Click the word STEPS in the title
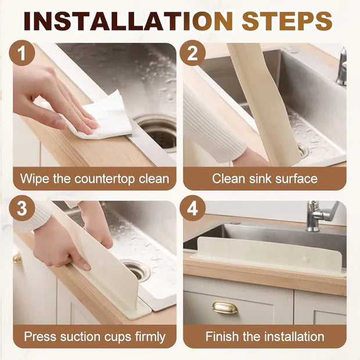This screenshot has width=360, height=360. pos(287,21)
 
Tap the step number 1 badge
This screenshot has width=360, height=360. pos(23,54)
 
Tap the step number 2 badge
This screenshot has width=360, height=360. pos(192,54)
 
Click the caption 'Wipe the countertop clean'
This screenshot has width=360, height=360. pos(95,178)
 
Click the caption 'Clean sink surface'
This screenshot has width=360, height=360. pos(265,178)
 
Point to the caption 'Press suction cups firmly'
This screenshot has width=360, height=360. pos(95,336)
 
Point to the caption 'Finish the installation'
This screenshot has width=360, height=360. pos(265,336)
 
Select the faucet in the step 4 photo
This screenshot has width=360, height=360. pos(320,215)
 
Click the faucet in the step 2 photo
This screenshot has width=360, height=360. pos(341,67)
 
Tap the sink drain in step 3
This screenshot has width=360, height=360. pos(137,269)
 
